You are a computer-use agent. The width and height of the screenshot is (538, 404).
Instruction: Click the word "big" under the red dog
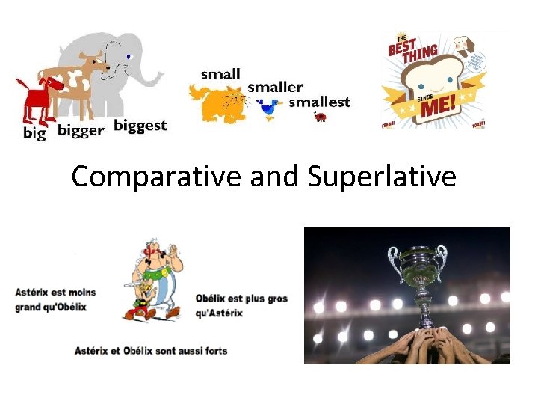coord(34,133)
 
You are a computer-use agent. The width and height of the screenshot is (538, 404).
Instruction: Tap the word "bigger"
coord(80,130)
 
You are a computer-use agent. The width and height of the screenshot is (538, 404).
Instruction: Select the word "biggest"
coord(140,125)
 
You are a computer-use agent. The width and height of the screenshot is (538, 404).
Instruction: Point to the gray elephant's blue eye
coord(129,56)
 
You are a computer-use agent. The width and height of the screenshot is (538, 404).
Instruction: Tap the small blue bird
coord(268,108)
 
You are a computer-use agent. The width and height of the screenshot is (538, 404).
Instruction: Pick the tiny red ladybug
coord(321,117)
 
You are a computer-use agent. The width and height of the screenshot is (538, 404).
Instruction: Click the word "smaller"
coord(275,87)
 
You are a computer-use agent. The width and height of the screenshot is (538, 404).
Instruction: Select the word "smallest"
coord(319,102)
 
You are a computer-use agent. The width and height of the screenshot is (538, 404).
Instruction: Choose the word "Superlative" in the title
coord(380,177)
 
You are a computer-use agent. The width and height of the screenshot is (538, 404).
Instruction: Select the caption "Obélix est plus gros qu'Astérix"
coord(241,305)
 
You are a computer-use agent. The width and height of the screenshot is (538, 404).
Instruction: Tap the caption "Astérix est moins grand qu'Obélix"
coord(55,299)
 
